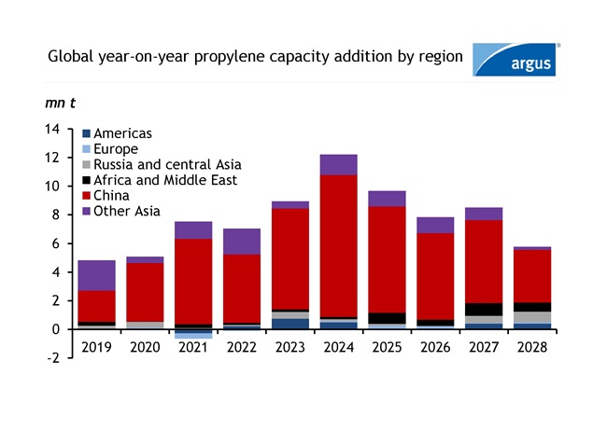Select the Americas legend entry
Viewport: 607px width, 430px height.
[x=117, y=134]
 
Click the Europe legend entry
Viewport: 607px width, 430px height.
[x=110, y=149]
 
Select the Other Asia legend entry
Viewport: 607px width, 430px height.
[x=119, y=211]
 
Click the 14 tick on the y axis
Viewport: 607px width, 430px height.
[x=52, y=129]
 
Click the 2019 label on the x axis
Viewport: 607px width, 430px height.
[x=97, y=347]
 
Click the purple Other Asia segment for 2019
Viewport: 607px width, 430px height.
[x=97, y=275]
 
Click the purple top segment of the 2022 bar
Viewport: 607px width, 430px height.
[x=242, y=241]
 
